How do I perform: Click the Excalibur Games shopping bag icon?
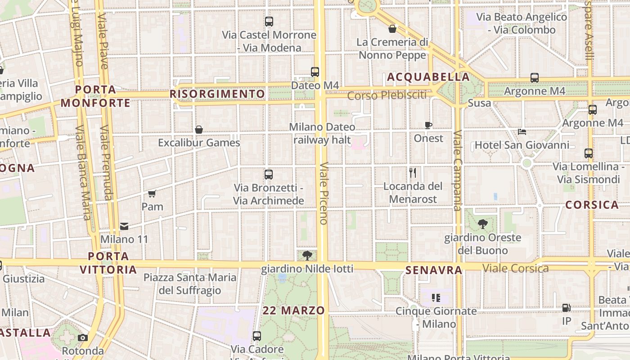[x=199, y=130]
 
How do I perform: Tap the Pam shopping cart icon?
[x=152, y=194]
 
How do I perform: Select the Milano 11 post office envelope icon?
[x=124, y=226]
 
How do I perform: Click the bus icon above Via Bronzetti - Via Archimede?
[x=269, y=175]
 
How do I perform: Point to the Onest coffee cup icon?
[x=428, y=125]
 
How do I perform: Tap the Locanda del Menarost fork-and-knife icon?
[x=413, y=172]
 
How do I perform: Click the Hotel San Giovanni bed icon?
[x=522, y=132]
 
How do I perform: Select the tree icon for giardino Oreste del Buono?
[x=482, y=224]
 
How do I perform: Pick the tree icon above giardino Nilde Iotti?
[x=307, y=256]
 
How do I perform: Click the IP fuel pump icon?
[x=566, y=308]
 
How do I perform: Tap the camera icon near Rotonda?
[x=83, y=337]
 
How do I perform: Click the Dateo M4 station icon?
[x=315, y=72]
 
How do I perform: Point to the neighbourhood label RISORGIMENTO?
[x=217, y=94]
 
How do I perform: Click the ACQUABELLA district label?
[x=428, y=77]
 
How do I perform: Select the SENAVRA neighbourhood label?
[x=434, y=270]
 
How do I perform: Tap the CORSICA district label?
[x=592, y=205]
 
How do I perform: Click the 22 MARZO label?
[x=294, y=310]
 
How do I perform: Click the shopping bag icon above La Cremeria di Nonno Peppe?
[x=392, y=29]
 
